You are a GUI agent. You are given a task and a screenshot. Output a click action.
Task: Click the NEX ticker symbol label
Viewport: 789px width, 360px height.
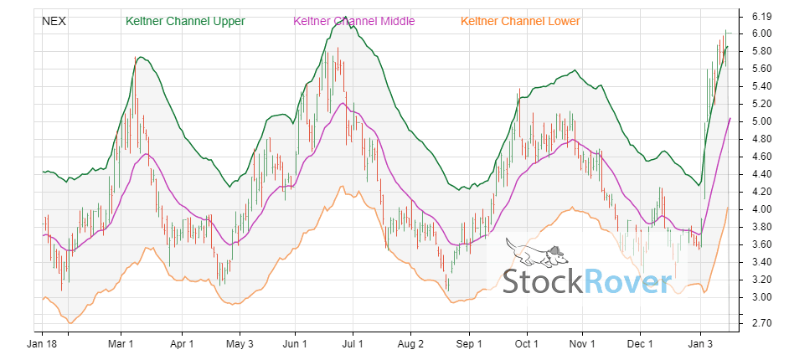click(54, 20)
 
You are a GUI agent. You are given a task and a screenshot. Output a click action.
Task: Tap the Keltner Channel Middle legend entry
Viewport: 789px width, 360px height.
click(353, 20)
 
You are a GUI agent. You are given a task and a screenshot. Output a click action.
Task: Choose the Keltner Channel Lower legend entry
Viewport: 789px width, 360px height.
click(520, 20)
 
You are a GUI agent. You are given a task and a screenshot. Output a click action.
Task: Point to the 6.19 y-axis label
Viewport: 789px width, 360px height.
click(761, 16)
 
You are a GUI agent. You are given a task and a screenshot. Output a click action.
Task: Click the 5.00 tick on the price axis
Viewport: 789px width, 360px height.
click(761, 121)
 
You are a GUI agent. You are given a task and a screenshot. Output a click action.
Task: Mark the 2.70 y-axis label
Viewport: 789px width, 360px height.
click(761, 322)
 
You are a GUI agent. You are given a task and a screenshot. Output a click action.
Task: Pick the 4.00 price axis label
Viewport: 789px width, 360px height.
click(761, 209)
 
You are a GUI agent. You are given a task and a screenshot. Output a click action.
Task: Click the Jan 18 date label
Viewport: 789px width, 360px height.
click(43, 343)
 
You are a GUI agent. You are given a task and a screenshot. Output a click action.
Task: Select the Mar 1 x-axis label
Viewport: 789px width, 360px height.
click(121, 343)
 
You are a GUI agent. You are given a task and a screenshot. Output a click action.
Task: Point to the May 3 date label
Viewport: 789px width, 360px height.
click(240, 343)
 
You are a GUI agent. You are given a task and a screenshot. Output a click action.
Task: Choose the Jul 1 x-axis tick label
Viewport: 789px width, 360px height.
click(353, 343)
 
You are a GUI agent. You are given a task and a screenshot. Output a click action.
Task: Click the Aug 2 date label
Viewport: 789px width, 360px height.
click(410, 343)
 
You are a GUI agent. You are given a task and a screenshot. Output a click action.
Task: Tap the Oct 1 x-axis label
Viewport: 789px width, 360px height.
click(526, 343)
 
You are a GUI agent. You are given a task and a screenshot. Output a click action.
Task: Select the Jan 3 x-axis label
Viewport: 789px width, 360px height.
click(700, 343)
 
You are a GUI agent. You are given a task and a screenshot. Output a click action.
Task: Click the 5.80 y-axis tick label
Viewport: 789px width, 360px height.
click(761, 51)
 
